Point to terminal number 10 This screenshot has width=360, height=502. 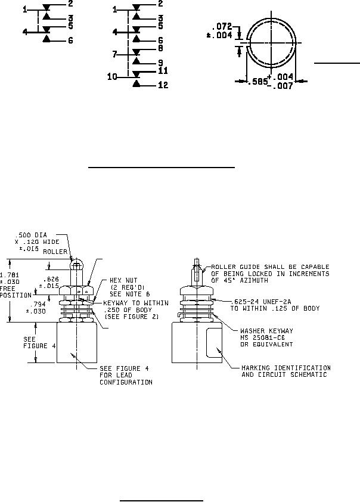point(112,76)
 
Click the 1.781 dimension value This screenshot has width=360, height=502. point(9,275)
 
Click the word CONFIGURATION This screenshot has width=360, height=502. point(126,382)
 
